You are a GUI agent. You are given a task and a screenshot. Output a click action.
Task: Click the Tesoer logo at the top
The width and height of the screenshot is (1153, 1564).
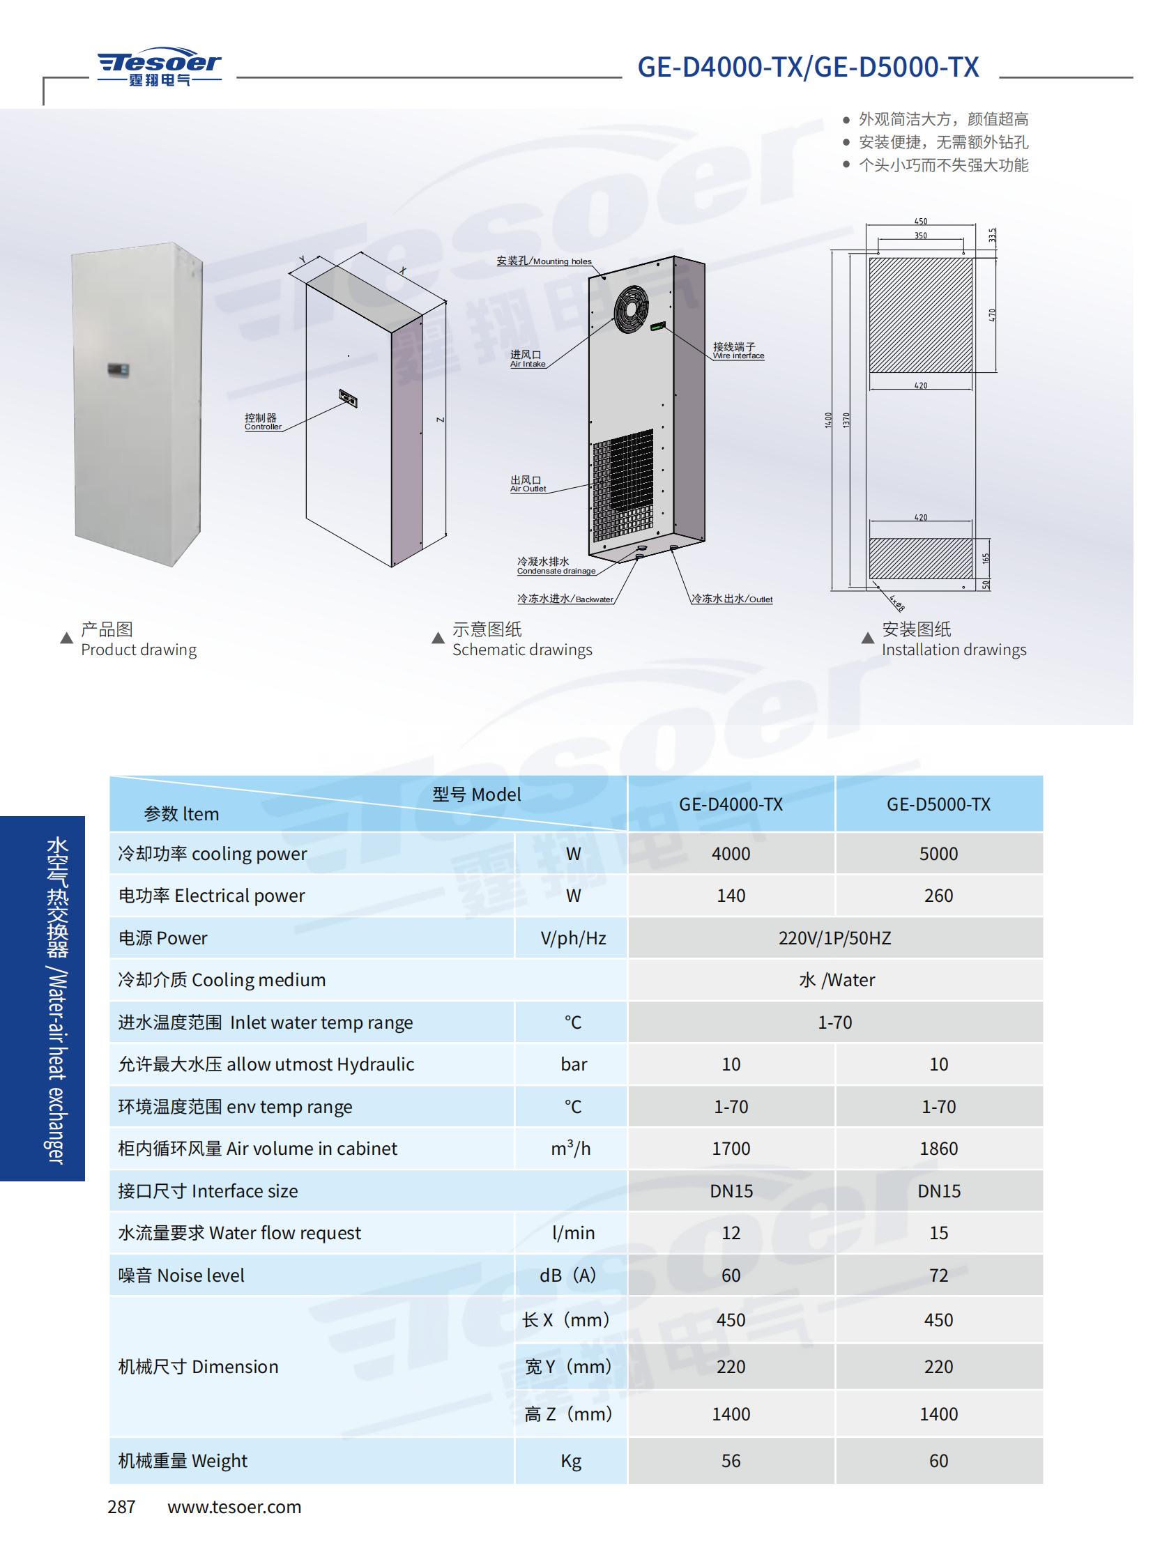(159, 68)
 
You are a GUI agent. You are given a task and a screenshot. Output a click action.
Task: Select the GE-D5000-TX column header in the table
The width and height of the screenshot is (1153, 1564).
(938, 804)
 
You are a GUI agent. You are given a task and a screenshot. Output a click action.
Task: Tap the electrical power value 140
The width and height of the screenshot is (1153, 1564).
(731, 896)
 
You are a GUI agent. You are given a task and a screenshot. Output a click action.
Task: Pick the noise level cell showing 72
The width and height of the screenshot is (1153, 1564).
(938, 1275)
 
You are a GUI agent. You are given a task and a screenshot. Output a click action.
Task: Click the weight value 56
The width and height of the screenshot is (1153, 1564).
(731, 1461)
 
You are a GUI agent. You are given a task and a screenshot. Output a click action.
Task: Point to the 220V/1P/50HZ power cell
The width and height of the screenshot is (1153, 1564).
(834, 938)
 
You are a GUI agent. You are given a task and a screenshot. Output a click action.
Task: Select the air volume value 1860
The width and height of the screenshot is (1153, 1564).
(938, 1149)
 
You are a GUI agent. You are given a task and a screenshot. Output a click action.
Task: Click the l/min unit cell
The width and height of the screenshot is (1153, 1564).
(573, 1233)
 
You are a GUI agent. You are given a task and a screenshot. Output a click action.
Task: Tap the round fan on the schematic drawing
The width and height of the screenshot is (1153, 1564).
(631, 309)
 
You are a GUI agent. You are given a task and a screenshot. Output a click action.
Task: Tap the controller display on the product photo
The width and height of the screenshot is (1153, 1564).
(119, 370)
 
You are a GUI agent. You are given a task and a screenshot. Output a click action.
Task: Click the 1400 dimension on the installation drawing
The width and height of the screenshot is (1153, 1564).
(828, 420)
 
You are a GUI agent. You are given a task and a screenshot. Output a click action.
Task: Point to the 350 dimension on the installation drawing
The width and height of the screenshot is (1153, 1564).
(921, 236)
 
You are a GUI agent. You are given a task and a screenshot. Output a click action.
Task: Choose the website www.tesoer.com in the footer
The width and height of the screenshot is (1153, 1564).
(234, 1507)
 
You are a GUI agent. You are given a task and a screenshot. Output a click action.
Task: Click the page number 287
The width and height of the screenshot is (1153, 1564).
(121, 1507)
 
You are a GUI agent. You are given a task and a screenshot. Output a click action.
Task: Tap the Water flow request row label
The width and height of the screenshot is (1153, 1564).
(239, 1233)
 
